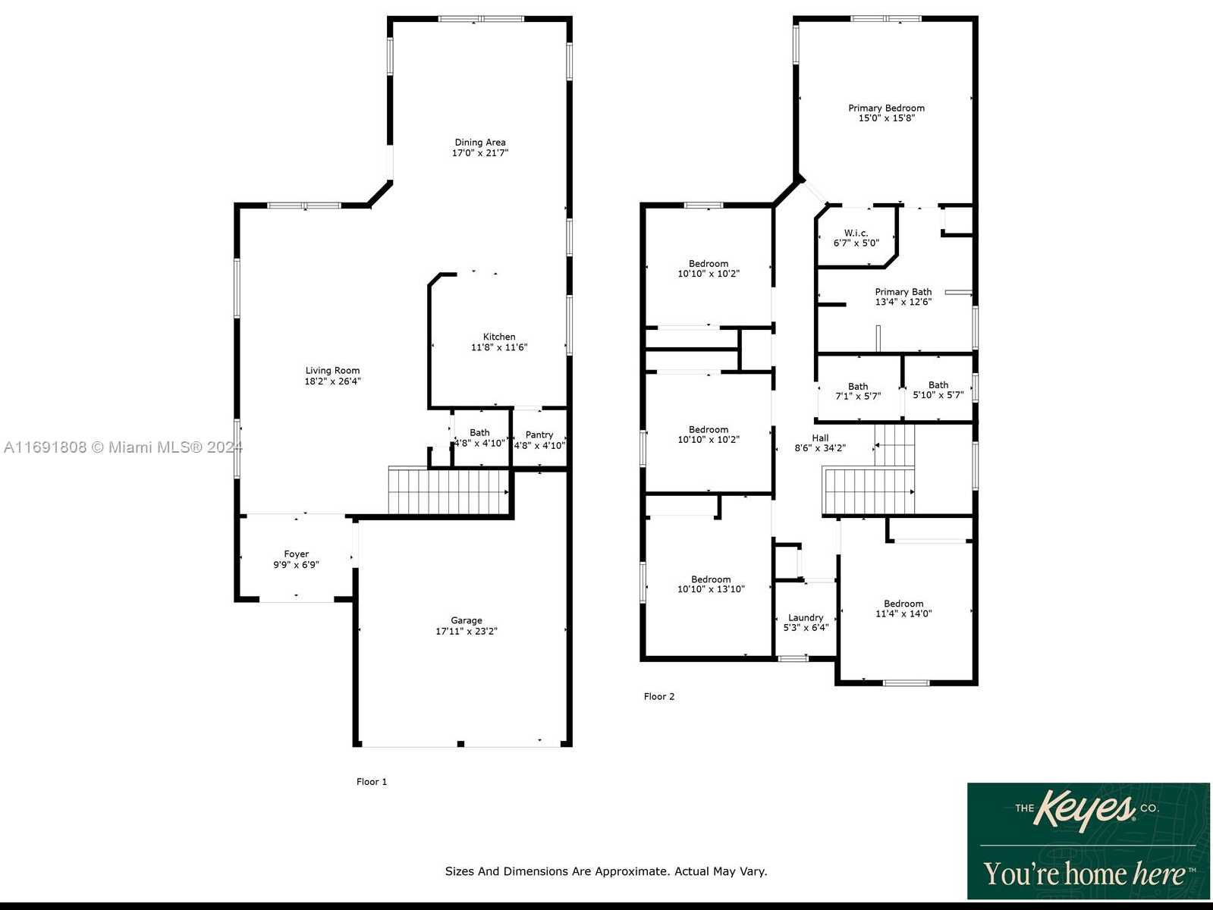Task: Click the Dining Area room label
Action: pyautogui.click(x=479, y=143)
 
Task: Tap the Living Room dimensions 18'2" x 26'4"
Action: pyautogui.click(x=333, y=381)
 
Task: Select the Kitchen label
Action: pyautogui.click(x=499, y=337)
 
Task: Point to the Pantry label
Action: pyautogui.click(x=539, y=435)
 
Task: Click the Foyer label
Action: pyautogui.click(x=296, y=554)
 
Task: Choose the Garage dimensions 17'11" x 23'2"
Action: pyautogui.click(x=467, y=631)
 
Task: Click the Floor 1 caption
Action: pyautogui.click(x=372, y=781)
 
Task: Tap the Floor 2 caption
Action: pyautogui.click(x=659, y=696)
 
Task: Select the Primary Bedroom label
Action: pyautogui.click(x=886, y=108)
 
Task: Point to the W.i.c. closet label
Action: pyautogui.click(x=856, y=233)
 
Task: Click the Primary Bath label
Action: pyautogui.click(x=903, y=291)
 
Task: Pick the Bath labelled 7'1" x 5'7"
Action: pyautogui.click(x=858, y=391)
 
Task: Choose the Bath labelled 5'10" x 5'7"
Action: pyautogui.click(x=938, y=390)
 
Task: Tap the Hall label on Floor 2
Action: pyautogui.click(x=820, y=438)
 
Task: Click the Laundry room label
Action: pyautogui.click(x=806, y=617)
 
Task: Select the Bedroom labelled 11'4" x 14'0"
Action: pyautogui.click(x=903, y=608)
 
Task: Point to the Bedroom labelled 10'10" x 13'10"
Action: pyautogui.click(x=712, y=584)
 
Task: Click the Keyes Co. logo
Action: pyautogui.click(x=1088, y=840)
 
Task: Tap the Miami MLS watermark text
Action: pyautogui.click(x=123, y=447)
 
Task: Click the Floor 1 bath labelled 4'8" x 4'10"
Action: pyautogui.click(x=479, y=438)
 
